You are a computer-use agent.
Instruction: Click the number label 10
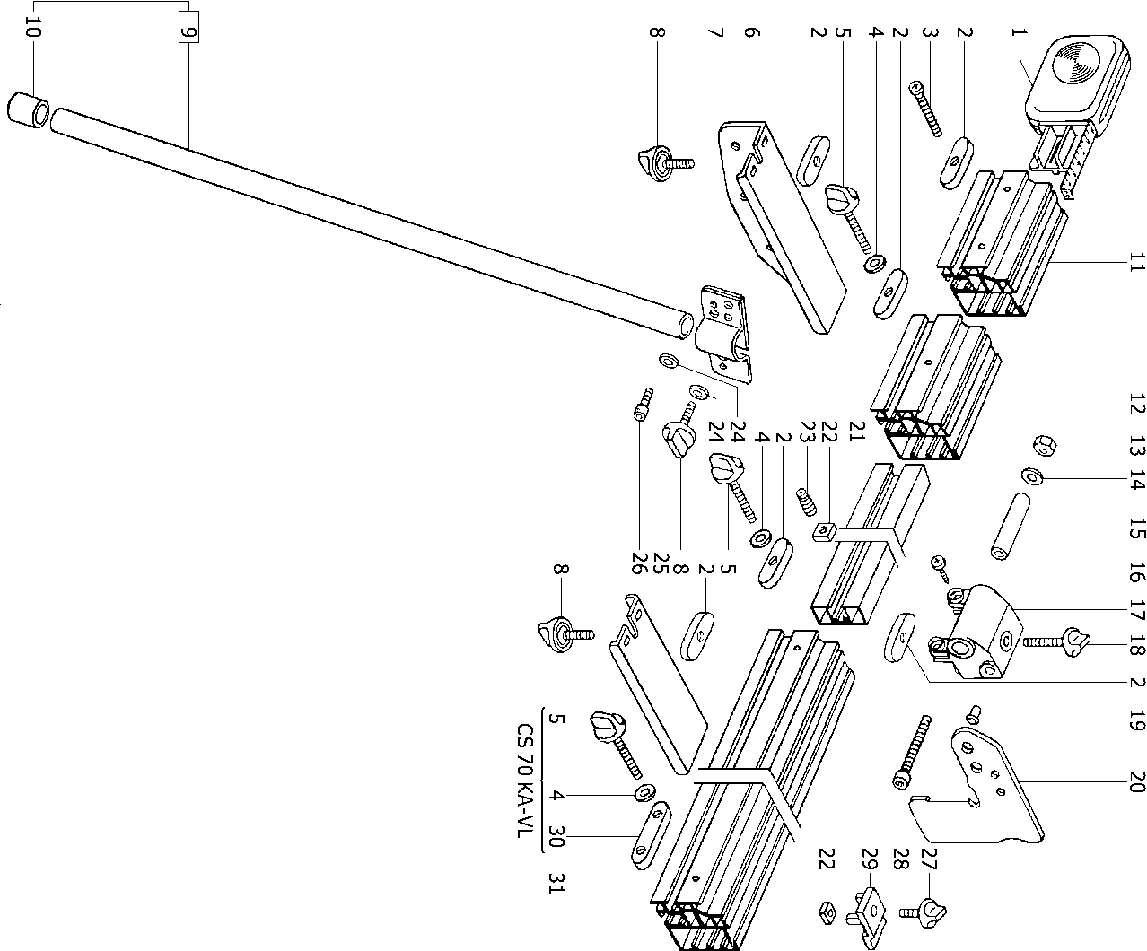click(33, 31)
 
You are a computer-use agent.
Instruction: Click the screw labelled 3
click(925, 109)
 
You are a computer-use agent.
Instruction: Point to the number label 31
click(556, 884)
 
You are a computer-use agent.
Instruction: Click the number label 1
click(1016, 33)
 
